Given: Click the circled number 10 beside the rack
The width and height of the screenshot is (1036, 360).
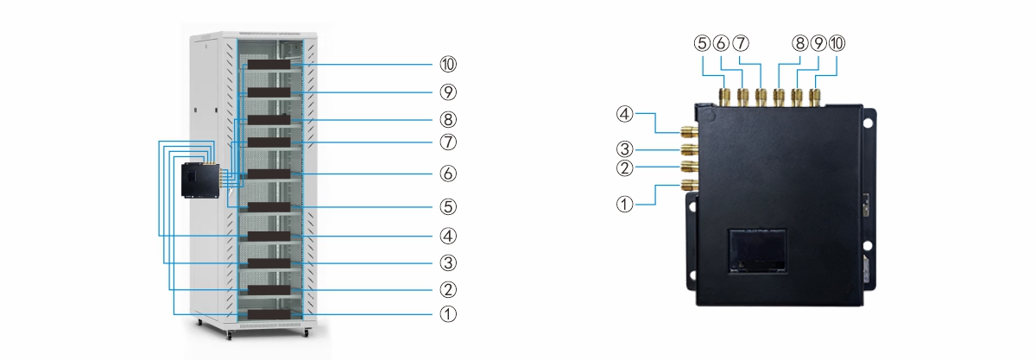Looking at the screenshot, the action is pos(448,65).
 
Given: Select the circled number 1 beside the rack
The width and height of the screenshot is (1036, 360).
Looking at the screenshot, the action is pos(448,314).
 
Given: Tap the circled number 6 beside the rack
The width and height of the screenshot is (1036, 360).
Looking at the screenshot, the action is pos(448,174).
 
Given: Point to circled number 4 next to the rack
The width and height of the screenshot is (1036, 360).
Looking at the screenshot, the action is pos(448,236).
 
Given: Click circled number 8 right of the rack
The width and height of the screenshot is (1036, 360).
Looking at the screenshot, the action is pos(448,120).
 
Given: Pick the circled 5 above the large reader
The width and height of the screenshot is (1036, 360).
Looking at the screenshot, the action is pos(702,43).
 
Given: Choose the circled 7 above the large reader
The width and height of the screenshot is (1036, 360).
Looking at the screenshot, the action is pos(741,43).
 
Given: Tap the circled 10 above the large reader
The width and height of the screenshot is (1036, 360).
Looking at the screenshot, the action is pos(837,43).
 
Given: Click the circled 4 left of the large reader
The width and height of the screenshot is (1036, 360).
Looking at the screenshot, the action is pos(625,114).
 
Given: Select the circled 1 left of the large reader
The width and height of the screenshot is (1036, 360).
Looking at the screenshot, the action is pos(625,204).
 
